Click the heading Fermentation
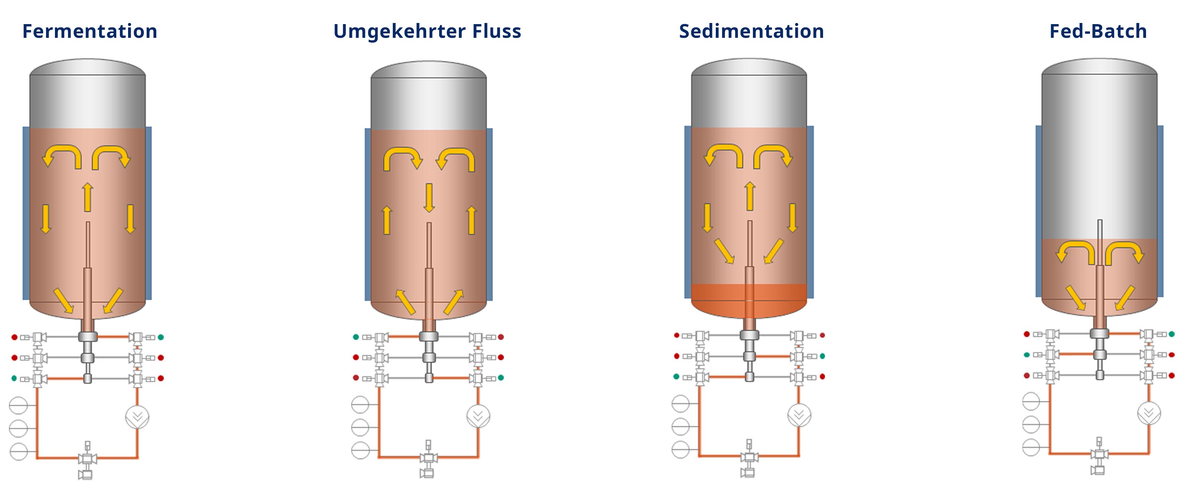point(90,32)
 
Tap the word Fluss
point(497,32)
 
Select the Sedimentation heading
point(751,32)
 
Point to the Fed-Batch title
point(1098,32)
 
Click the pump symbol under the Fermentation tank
point(137,417)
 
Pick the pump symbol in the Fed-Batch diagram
point(1149,413)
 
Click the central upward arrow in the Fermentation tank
point(88,197)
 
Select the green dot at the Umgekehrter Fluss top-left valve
point(356,337)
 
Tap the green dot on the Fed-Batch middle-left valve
point(1027,355)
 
